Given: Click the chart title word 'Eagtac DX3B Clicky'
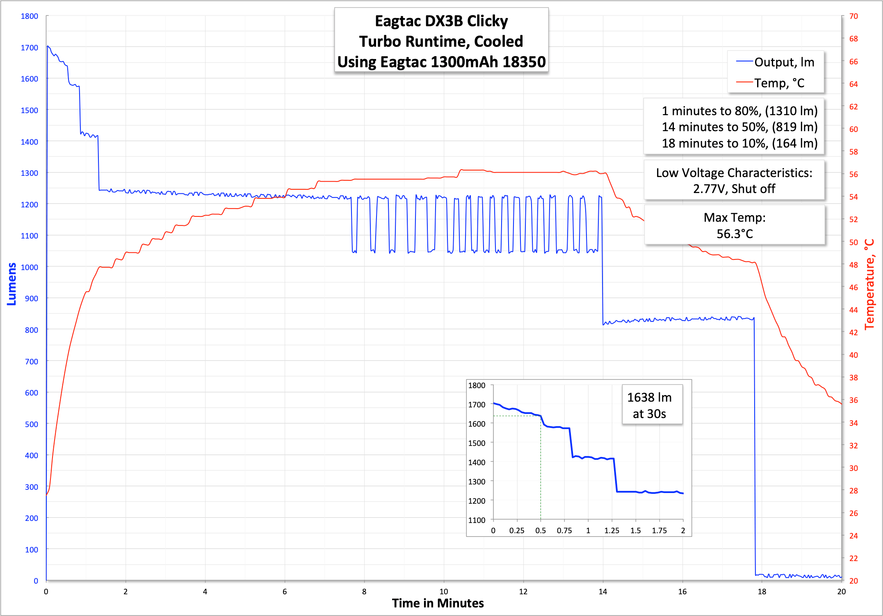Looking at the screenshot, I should [x=441, y=21].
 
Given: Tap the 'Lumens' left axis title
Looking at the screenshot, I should [x=12, y=284].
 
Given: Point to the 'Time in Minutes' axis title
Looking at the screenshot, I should [x=438, y=603].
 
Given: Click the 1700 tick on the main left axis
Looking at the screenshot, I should [x=30, y=48].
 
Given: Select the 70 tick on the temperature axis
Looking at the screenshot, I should [x=853, y=16].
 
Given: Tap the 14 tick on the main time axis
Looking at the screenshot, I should [x=602, y=591].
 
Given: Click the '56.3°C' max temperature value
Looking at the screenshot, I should [x=735, y=234].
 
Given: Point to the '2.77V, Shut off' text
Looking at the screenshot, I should [x=734, y=189].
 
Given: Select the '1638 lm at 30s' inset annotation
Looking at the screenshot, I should [x=649, y=405].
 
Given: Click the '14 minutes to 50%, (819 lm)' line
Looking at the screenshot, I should [x=739, y=127].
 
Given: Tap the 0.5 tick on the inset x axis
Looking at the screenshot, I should [x=541, y=530].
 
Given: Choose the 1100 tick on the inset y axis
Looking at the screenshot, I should [x=477, y=520].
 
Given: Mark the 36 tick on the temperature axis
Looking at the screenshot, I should [x=853, y=400].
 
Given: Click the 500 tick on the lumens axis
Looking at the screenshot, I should [x=32, y=424].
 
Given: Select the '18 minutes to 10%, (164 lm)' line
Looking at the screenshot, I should [x=739, y=143].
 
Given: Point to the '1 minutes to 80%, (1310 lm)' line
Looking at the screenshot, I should [x=739, y=111].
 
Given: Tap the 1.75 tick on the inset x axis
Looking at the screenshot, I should [x=659, y=530].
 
